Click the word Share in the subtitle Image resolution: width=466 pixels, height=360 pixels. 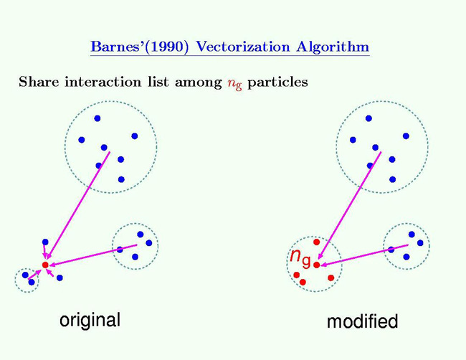click(x=36, y=82)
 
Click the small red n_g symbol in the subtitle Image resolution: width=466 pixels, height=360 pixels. click(x=236, y=83)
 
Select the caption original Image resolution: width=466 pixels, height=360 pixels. click(x=89, y=319)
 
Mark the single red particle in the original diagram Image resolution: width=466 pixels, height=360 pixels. click(x=45, y=265)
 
